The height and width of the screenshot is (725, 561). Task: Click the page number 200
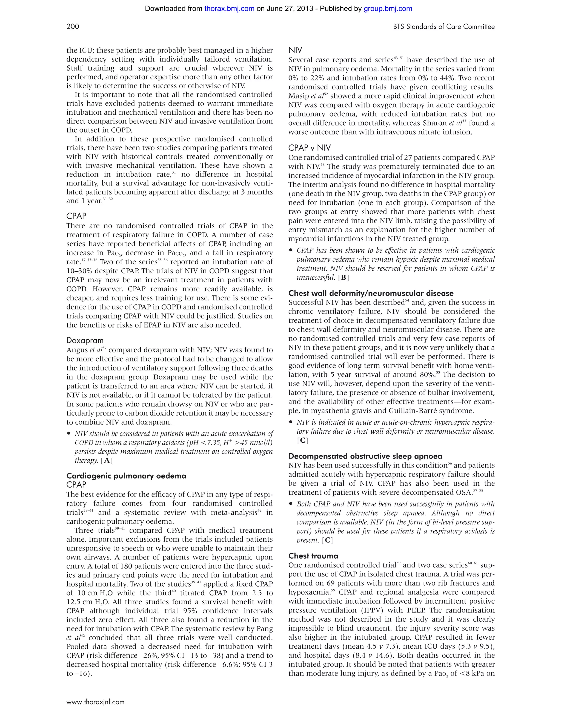73,27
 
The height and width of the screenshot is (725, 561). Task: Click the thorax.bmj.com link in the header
229,9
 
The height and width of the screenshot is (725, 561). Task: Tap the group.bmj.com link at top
388,9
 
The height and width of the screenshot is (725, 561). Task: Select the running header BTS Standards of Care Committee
444,27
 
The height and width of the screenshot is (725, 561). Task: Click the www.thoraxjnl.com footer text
95,702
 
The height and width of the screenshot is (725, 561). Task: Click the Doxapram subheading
85,341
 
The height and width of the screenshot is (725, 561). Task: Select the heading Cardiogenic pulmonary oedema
126,476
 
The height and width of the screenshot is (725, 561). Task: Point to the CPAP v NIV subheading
310,148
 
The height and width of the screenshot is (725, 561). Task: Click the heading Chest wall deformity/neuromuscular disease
371,293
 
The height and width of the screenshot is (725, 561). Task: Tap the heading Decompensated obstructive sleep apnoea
365,456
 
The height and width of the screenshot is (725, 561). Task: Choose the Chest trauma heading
313,556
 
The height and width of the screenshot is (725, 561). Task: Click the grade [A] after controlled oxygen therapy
107,460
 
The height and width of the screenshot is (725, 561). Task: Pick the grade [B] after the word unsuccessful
343,277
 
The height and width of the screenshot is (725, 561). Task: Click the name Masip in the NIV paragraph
298,96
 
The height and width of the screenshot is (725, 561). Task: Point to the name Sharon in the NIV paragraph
434,123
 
